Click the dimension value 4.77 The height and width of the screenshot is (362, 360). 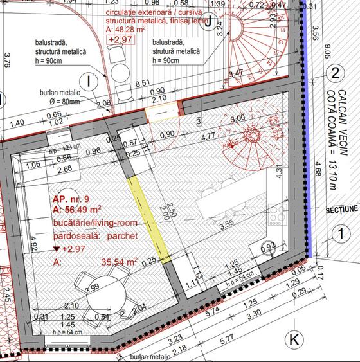pyautogui.click(x=207, y=137)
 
